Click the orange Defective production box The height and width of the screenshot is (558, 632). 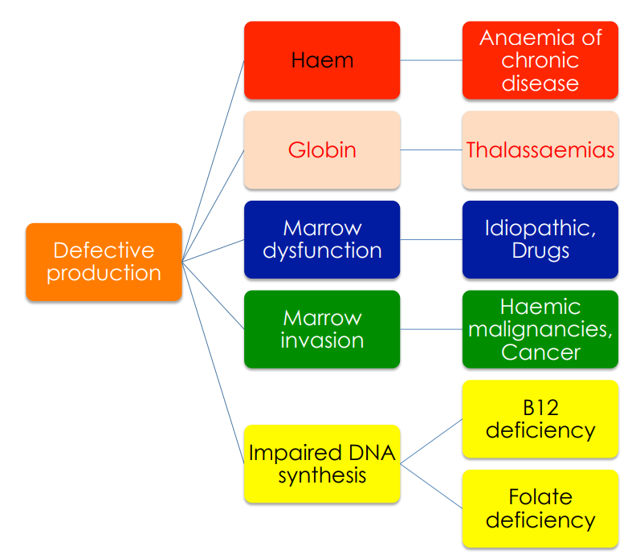pyautogui.click(x=104, y=262)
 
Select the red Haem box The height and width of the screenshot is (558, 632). pyautogui.click(x=322, y=60)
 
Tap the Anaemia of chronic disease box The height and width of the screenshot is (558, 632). pyautogui.click(x=540, y=60)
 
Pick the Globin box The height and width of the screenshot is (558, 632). pyautogui.click(x=322, y=150)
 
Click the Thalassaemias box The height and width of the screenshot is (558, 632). pyautogui.click(x=540, y=150)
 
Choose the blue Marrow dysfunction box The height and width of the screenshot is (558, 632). pyautogui.click(x=322, y=240)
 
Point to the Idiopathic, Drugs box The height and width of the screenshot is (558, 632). pyautogui.click(x=540, y=240)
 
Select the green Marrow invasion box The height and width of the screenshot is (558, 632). pyautogui.click(x=322, y=329)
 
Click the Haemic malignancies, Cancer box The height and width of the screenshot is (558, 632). pyautogui.click(x=540, y=329)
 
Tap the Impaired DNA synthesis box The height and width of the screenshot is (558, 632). pyautogui.click(x=322, y=464)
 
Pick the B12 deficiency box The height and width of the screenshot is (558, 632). pyautogui.click(x=540, y=419)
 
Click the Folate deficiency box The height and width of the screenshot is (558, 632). pyautogui.click(x=540, y=508)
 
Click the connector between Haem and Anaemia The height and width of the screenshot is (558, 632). pyautogui.click(x=431, y=60)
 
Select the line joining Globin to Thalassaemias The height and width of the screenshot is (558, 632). pyautogui.click(x=431, y=150)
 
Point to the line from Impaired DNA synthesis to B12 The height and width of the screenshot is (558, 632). pyautogui.click(x=431, y=442)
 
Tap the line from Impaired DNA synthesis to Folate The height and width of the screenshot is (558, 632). pyautogui.click(x=431, y=486)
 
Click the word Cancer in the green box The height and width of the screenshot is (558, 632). pyautogui.click(x=540, y=352)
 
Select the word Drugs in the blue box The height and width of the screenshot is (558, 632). pyautogui.click(x=540, y=251)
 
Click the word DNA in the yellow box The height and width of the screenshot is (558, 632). pyautogui.click(x=372, y=453)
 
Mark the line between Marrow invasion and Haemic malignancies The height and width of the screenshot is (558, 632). pyautogui.click(x=431, y=329)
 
